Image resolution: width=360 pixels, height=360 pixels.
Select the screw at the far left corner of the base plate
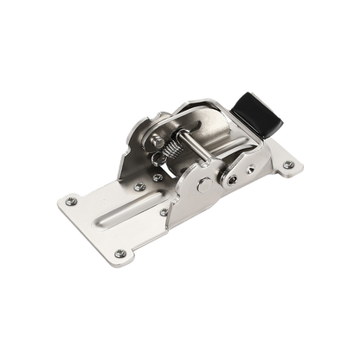pos(73,202)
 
